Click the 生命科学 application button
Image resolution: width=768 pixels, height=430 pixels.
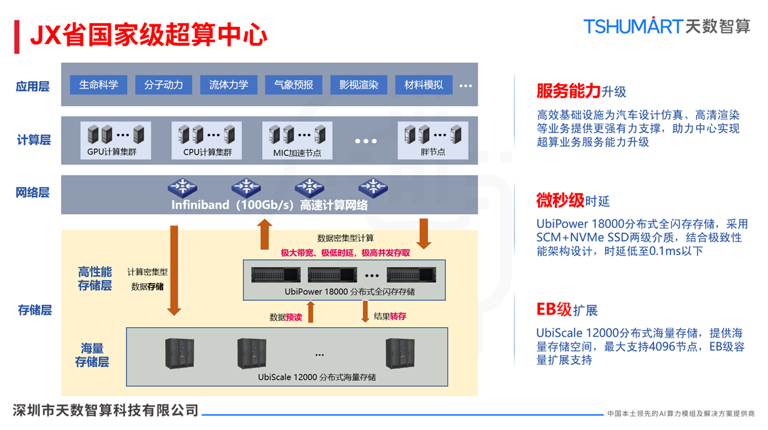click(x=98, y=85)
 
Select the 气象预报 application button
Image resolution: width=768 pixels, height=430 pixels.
click(x=294, y=85)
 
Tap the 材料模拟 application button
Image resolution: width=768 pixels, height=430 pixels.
click(x=423, y=85)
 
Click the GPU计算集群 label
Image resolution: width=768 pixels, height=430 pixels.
click(x=112, y=152)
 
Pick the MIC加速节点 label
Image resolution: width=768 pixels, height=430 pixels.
click(x=297, y=153)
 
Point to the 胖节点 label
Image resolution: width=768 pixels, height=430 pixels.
click(x=432, y=152)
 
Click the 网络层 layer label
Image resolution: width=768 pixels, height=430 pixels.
click(x=33, y=193)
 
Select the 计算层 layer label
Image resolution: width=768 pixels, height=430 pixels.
click(x=33, y=140)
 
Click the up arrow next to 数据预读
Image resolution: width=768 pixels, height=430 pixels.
click(x=311, y=312)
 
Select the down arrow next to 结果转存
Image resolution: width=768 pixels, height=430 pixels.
click(x=365, y=311)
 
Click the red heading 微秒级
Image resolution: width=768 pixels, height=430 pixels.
click(x=560, y=200)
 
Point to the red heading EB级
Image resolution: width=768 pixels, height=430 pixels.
click(x=554, y=309)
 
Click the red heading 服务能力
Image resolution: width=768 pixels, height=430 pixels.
click(x=568, y=90)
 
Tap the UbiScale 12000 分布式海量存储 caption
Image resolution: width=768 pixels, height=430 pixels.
click(x=317, y=377)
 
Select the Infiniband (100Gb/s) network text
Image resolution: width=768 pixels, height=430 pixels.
click(x=269, y=205)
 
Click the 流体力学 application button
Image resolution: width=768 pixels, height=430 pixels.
click(x=229, y=85)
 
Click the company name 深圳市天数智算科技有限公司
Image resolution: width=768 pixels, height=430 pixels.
click(x=106, y=410)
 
